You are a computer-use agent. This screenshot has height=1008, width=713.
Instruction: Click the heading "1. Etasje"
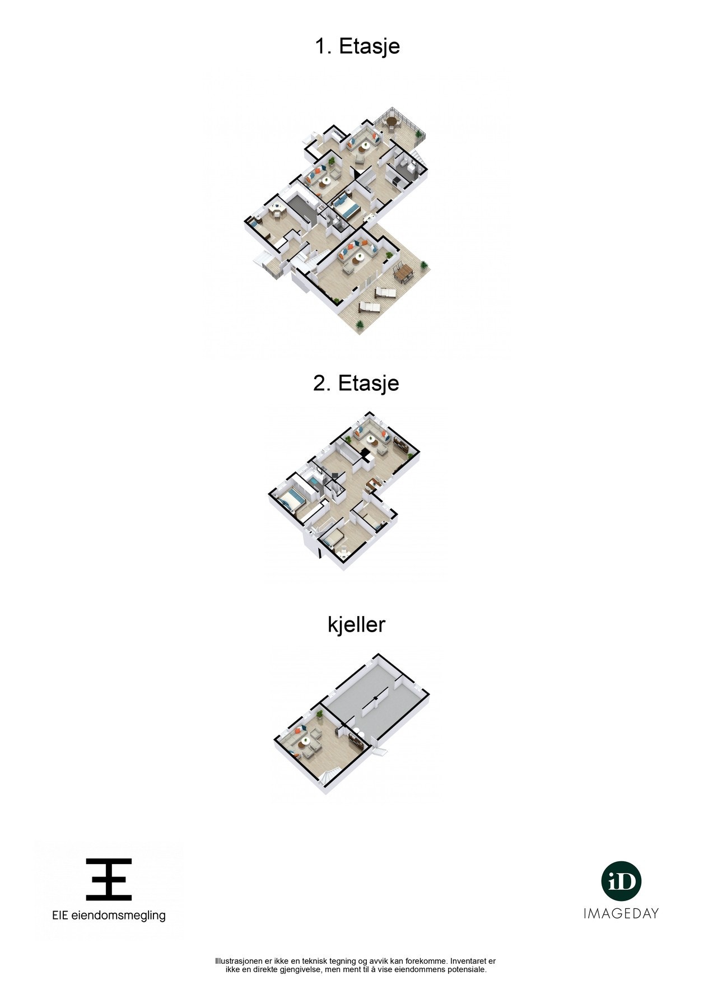(357, 46)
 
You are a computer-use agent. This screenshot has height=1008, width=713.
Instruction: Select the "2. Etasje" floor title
(356, 383)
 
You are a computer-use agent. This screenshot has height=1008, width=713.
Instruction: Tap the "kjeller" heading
(356, 624)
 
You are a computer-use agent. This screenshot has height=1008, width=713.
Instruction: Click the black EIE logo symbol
(109, 879)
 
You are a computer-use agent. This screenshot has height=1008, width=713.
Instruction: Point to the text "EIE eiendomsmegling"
(109, 916)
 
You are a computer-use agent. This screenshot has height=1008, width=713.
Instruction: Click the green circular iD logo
(621, 881)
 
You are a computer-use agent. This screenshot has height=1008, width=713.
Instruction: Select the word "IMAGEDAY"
(621, 913)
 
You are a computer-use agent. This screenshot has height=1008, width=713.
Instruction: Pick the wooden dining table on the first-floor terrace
(403, 273)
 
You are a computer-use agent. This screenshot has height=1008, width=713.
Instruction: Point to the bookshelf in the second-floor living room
(401, 446)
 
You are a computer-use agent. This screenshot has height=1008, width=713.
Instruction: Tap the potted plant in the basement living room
(319, 715)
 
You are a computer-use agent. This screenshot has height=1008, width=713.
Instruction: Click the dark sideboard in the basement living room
(355, 740)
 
